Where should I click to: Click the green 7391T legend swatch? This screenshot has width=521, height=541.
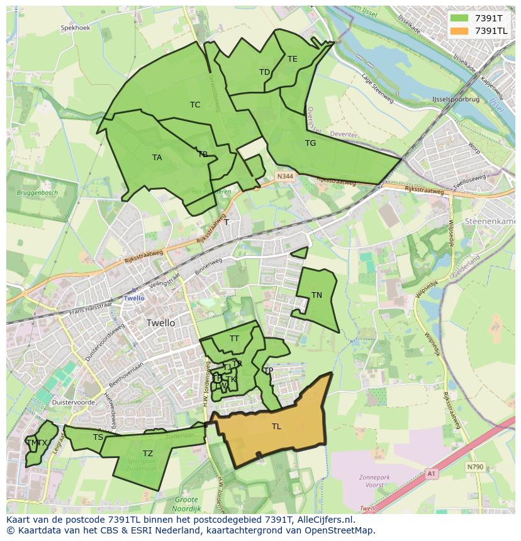point(459,18)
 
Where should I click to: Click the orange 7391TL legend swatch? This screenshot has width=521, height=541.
point(459,31)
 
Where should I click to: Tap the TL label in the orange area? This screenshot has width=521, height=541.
point(276,427)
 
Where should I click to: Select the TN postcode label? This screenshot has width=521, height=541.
point(317,295)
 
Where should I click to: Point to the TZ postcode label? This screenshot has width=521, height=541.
point(148,454)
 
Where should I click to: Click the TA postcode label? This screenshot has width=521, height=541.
point(157,158)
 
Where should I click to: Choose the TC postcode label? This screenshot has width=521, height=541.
point(195,105)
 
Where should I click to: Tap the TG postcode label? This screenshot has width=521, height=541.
point(310,143)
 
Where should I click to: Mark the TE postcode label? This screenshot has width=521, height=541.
point(293,59)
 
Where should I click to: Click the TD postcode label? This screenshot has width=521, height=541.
point(264,72)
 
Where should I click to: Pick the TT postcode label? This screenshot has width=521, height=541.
point(234,339)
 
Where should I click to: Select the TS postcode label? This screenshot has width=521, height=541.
point(98,437)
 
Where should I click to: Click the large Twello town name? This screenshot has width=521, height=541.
point(160,323)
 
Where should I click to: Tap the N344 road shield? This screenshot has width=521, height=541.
point(284,177)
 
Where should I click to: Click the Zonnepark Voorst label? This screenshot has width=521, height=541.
point(374,481)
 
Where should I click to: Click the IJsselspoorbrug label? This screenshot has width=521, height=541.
point(438,100)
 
